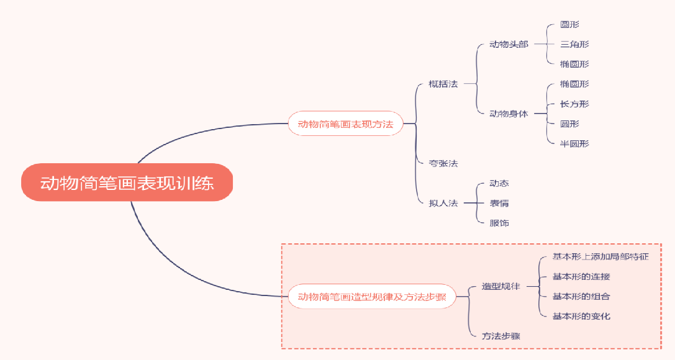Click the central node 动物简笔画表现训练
point(127,184)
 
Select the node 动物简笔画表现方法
point(345,124)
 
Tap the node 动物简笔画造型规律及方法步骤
point(371,297)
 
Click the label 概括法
point(443,84)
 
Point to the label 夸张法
point(443,163)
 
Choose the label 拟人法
point(443,203)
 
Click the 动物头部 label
point(509,44)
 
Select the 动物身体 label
point(509,114)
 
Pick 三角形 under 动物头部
point(574,44)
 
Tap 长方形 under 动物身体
point(574,104)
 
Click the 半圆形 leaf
point(574,143)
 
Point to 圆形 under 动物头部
point(569,25)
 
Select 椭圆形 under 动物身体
point(574,84)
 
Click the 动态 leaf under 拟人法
point(499,183)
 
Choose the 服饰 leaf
point(499,223)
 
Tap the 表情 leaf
point(499,203)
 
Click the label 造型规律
point(501,286)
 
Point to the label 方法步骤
point(501,336)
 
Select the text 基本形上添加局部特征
point(600,256)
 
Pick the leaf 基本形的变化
point(581,316)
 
